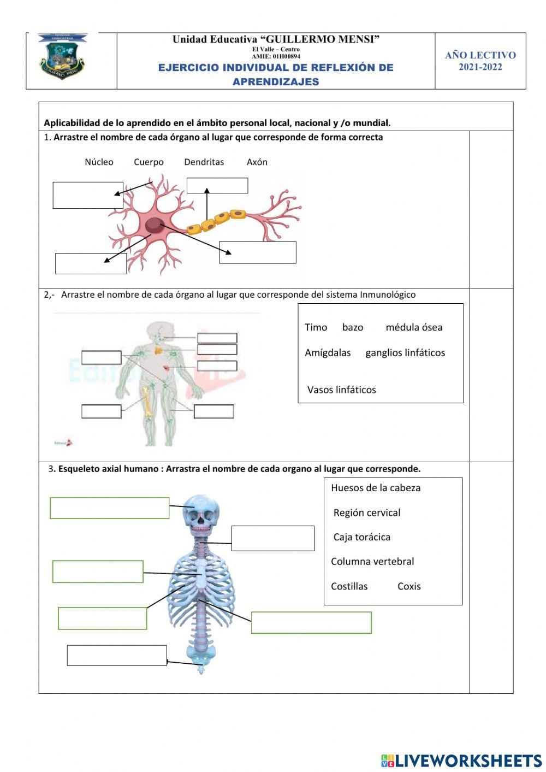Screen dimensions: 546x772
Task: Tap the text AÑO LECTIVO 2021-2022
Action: [480, 61]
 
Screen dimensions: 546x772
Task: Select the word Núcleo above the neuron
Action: [99, 162]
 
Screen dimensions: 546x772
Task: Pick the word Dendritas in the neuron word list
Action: [204, 162]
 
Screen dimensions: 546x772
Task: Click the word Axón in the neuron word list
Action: [257, 162]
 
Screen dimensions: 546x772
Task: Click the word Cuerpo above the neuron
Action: [149, 162]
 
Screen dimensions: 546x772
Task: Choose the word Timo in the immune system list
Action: [316, 327]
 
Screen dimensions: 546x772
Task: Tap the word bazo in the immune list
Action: [352, 327]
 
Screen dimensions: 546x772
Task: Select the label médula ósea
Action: [414, 327]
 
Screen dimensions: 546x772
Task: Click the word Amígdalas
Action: [328, 352]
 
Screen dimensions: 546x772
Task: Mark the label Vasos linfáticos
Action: [341, 390]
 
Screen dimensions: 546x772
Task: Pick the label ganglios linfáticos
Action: [405, 352]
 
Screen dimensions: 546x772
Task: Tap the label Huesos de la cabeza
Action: [376, 488]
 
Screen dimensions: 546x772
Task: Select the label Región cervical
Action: [366, 512]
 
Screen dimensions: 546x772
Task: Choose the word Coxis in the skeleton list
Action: [409, 586]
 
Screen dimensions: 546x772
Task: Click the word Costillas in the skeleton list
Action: [349, 586]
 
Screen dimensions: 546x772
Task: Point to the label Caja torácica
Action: [361, 537]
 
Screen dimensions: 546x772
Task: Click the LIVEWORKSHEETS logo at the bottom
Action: [461, 761]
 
